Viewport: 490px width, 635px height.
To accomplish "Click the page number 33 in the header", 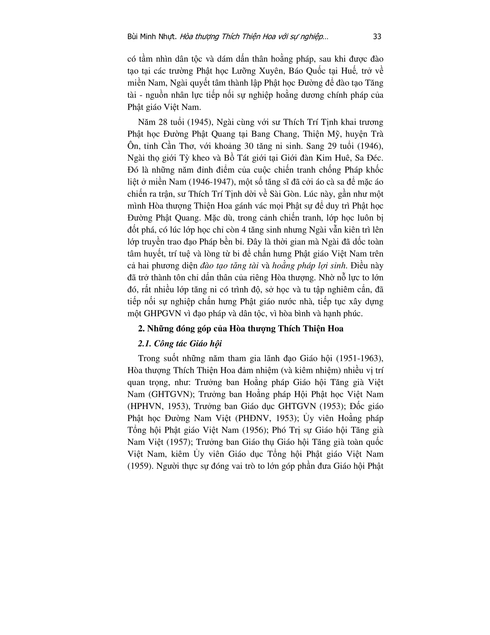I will [x=377, y=37].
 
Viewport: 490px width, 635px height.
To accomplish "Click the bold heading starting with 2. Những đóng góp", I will [x=241, y=328].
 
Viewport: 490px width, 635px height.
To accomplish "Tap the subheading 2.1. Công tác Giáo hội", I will [x=180, y=344].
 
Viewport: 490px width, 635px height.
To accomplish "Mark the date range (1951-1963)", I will [x=360, y=358].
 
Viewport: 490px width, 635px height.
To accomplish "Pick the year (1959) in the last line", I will [x=140, y=466].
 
